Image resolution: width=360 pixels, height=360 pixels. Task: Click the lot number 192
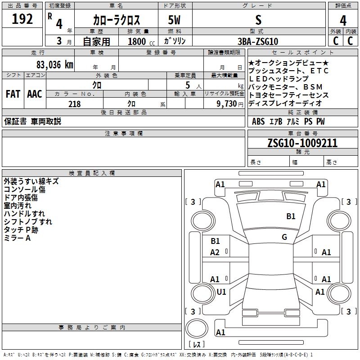pos(22,19)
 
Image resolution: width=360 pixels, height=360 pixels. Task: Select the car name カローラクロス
pos(116,20)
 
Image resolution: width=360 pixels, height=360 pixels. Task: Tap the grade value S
pos(258,20)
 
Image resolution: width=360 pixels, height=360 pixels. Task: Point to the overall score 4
pos(343,21)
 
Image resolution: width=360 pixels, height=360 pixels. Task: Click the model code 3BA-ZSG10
pos(258,41)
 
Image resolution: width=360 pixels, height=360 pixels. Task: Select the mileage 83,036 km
pos(54,64)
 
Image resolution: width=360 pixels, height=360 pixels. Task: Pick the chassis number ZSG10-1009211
pos(302,143)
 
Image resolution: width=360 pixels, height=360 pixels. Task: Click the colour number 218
pos(74,104)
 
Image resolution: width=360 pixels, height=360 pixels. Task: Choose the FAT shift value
pos(13,94)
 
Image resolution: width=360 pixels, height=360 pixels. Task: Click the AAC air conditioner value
pos(34,94)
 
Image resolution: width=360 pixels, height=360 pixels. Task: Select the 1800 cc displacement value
pos(139,41)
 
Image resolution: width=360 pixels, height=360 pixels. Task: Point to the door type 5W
pos(174,20)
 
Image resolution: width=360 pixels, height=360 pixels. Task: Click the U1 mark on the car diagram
pos(221,292)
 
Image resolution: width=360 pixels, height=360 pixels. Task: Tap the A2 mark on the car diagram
pos(215,252)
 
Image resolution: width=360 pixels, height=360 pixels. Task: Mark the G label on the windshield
pos(284,237)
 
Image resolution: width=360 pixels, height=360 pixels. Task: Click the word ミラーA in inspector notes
pos(17,238)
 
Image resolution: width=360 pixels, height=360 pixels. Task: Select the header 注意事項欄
pos(123,134)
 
